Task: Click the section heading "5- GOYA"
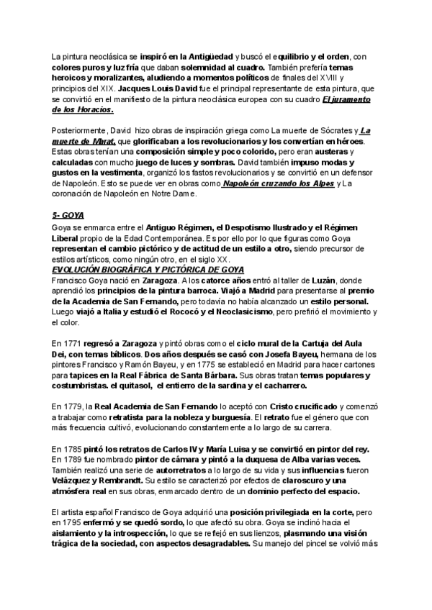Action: tap(68, 215)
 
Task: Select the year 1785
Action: tap(73, 448)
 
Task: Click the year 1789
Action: tap(73, 459)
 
